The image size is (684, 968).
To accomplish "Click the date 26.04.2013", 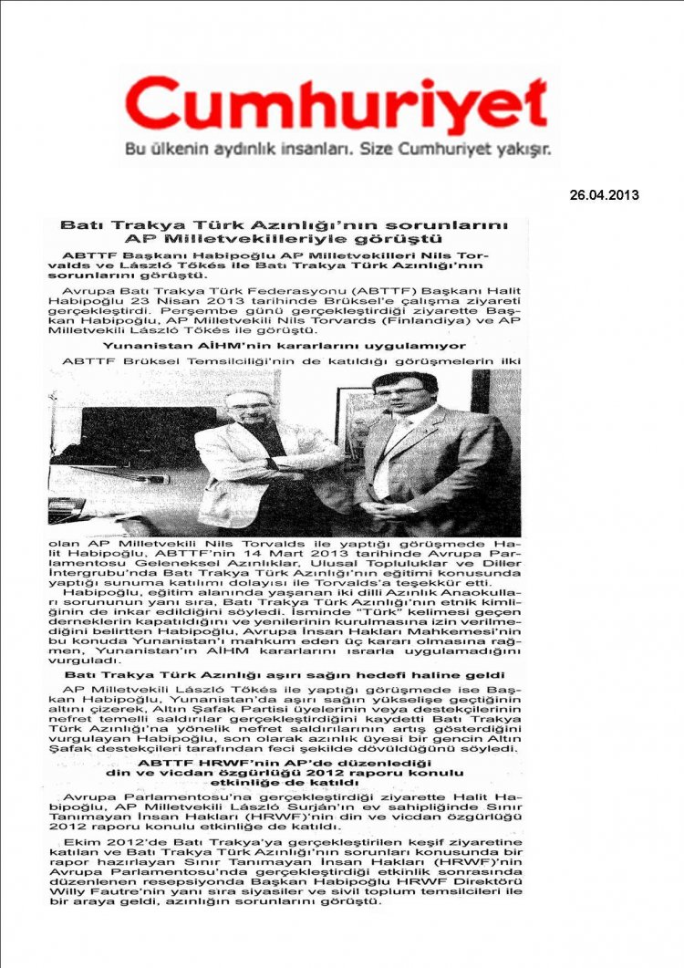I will pos(604,195).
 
